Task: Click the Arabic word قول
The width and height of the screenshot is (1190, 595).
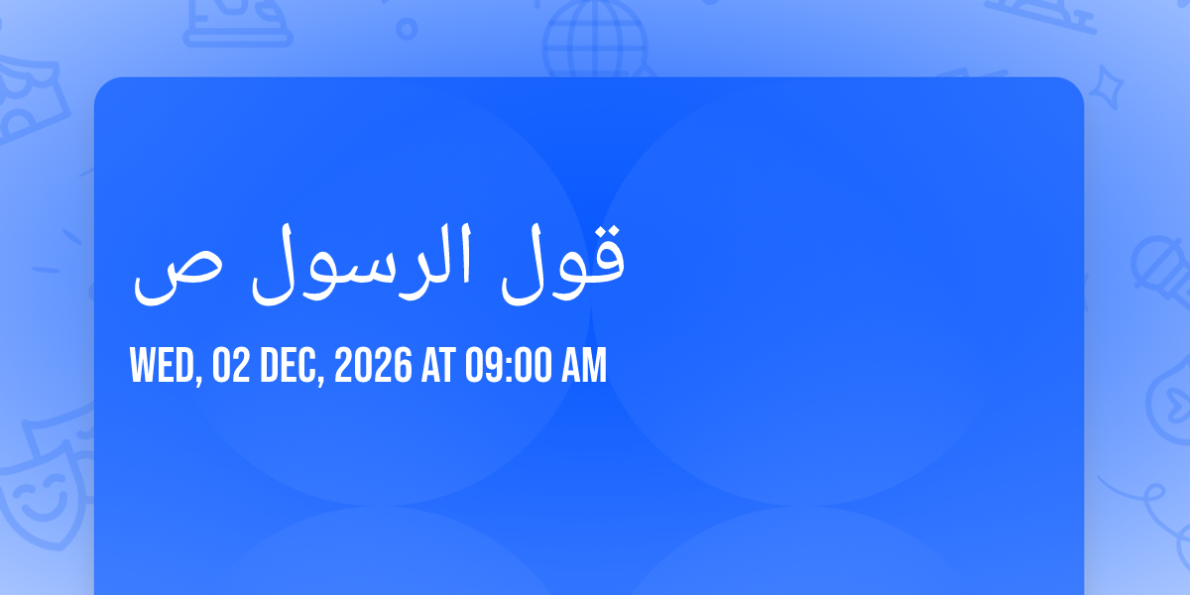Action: (563, 264)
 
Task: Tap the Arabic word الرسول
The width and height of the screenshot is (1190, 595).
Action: (361, 264)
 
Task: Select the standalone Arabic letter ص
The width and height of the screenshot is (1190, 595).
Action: (177, 282)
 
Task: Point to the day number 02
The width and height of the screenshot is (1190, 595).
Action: (231, 365)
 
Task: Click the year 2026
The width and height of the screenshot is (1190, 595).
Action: (373, 365)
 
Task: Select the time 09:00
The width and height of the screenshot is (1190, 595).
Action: (509, 365)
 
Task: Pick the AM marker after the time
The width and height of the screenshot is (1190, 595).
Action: (584, 365)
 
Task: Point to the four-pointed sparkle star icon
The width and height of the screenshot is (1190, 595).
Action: (1107, 87)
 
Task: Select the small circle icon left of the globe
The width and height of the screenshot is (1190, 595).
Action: (407, 29)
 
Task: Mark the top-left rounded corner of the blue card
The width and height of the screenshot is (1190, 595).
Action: (95, 78)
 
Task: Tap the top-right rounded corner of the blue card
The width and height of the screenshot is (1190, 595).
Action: (1082, 78)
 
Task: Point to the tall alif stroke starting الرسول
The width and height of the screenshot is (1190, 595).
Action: (465, 254)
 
